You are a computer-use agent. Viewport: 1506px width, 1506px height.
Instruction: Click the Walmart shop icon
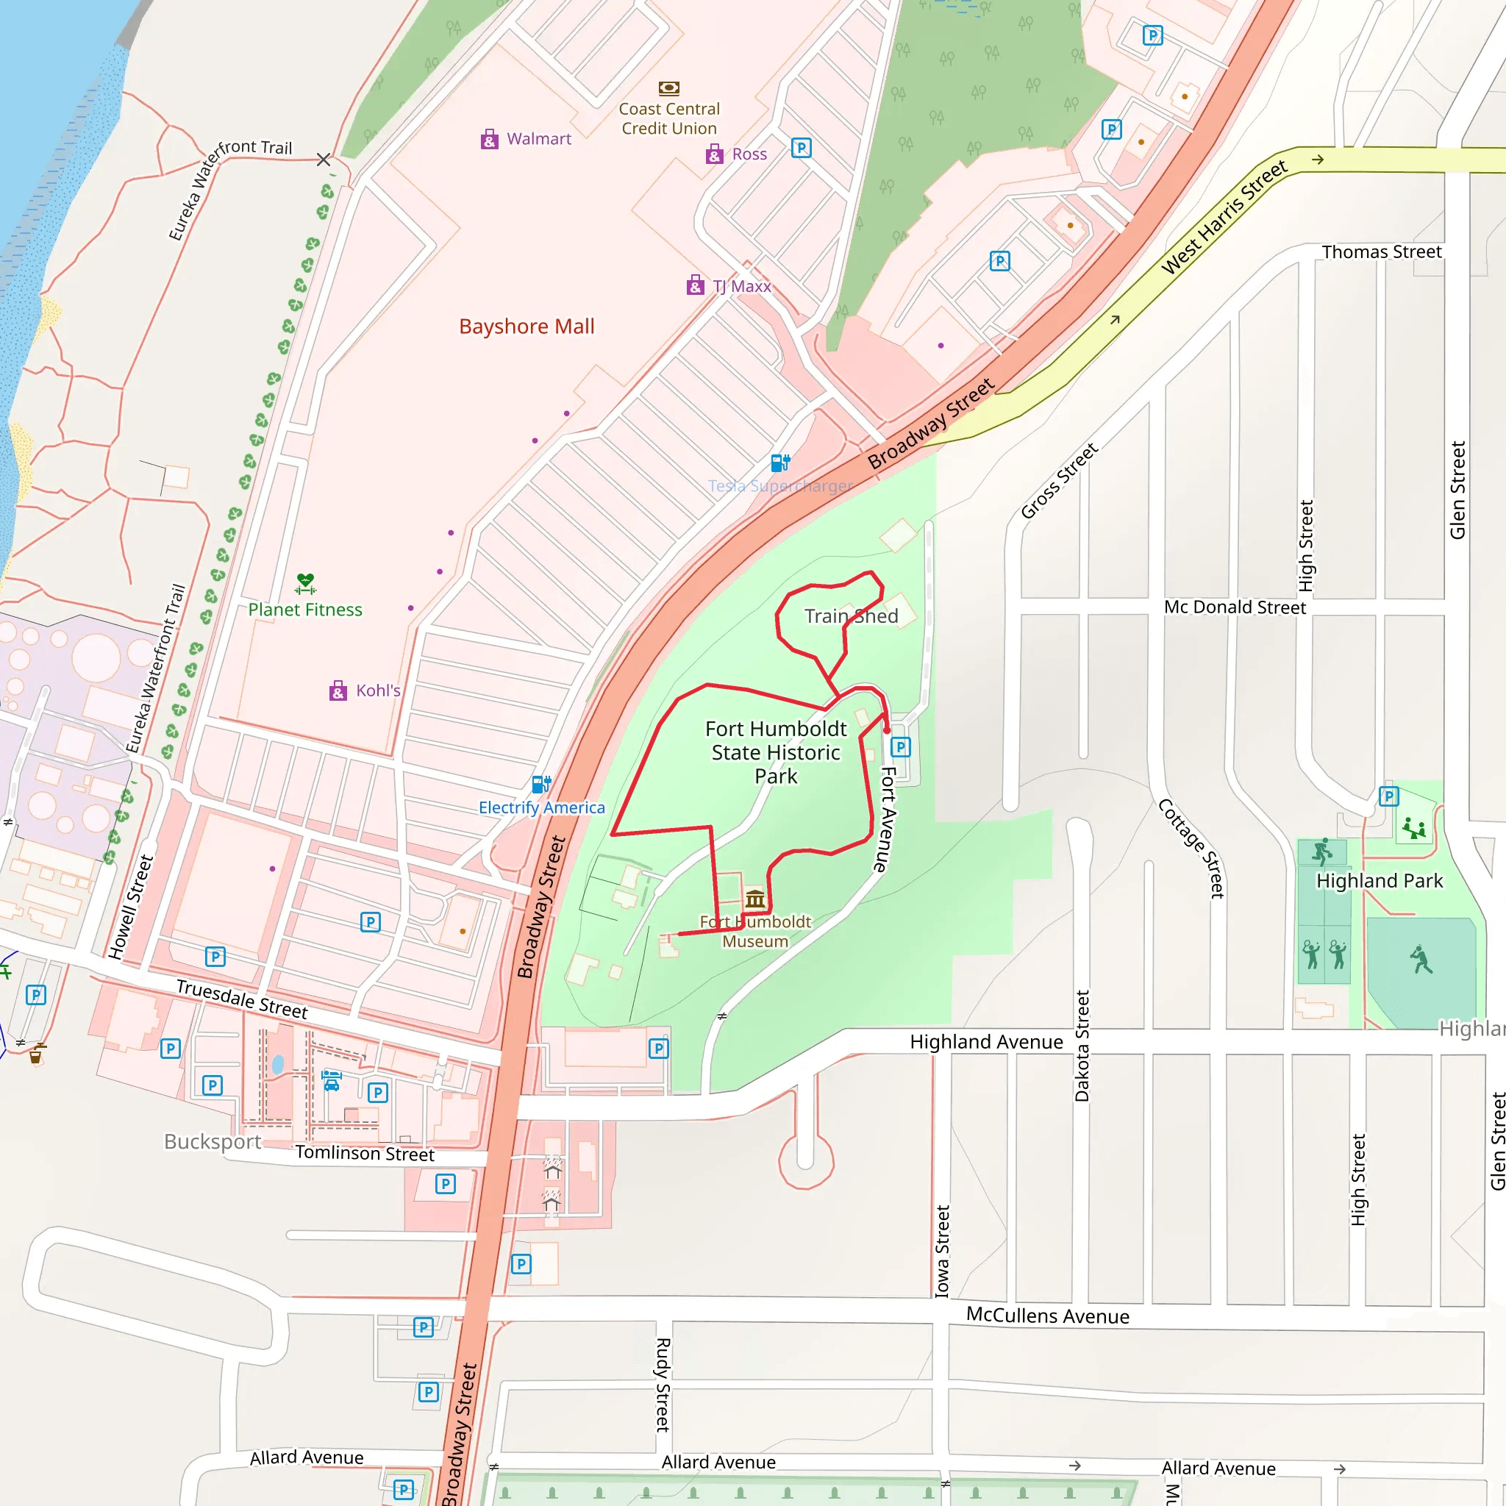(489, 140)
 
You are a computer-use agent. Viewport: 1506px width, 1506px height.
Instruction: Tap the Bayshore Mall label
(527, 326)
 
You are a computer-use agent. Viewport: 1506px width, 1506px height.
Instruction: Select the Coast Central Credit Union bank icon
(669, 88)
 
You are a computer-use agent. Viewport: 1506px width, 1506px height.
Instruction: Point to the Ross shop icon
(714, 154)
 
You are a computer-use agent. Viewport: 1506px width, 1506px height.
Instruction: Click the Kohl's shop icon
(338, 690)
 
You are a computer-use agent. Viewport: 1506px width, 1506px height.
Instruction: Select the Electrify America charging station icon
(541, 783)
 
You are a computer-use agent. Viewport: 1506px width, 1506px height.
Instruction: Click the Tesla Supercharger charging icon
(780, 463)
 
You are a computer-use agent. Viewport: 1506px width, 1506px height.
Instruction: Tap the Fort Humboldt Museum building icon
(754, 899)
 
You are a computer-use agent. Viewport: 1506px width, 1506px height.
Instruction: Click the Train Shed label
(852, 616)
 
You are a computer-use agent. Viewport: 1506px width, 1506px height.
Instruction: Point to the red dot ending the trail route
(886, 730)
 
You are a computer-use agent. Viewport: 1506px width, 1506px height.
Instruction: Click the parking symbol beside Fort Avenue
(900, 747)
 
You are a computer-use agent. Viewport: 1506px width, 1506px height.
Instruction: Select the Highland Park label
(1379, 881)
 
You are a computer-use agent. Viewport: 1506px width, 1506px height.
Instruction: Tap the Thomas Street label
(1381, 251)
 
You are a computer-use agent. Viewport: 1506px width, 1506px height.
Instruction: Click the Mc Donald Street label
(1234, 607)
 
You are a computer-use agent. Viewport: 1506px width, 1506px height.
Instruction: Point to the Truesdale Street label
(242, 999)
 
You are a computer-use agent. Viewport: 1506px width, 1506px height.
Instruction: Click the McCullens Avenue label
(1047, 1316)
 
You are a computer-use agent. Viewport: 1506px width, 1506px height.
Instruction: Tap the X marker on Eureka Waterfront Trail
(324, 160)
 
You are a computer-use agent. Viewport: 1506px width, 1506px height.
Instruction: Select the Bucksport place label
(212, 1141)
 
